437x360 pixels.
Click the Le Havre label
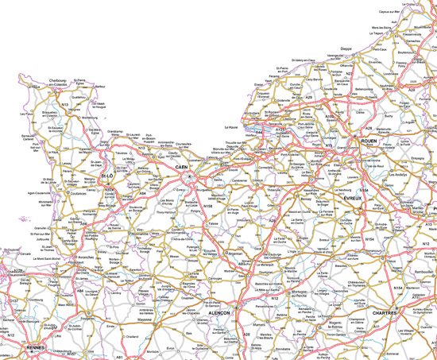(231, 127)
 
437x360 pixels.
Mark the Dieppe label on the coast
(346, 48)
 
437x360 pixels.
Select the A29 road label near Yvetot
(308, 96)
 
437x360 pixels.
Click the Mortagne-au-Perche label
(284, 294)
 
